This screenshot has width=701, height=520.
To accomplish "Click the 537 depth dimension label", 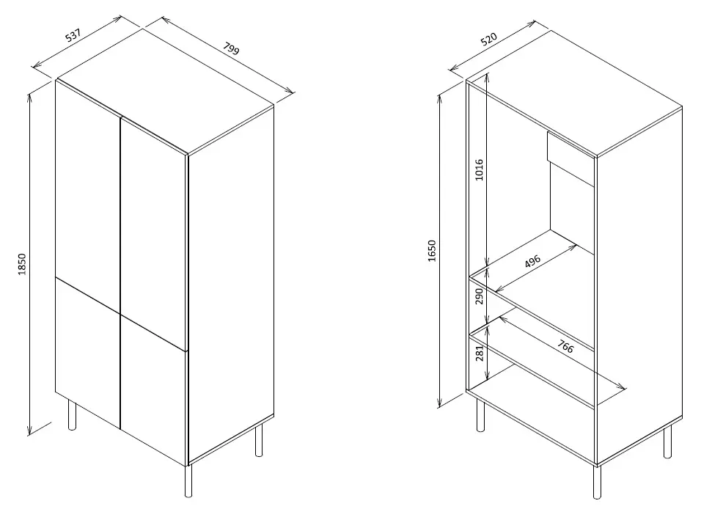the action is click(73, 35).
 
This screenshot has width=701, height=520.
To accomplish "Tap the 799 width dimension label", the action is click(231, 48).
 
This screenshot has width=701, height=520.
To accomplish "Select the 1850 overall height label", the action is click(22, 264).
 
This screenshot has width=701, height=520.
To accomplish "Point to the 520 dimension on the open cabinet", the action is click(489, 40).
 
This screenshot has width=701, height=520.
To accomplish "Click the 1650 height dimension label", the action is click(431, 251).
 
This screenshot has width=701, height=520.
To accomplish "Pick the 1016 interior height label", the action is click(480, 170).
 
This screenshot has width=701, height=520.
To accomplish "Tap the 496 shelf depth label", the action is click(532, 260).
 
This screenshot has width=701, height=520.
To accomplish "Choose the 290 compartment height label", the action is click(480, 296).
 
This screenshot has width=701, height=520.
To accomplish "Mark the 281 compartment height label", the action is click(480, 353).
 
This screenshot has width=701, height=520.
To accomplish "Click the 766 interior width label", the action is click(565, 346).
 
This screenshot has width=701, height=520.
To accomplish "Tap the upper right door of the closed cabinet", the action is click(153, 232).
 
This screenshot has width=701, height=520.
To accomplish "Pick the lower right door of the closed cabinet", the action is click(153, 391).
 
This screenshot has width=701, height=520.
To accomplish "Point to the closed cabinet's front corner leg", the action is click(188, 480).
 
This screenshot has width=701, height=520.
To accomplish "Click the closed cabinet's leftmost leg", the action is click(72, 415).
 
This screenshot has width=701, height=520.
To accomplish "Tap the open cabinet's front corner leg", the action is click(598, 482).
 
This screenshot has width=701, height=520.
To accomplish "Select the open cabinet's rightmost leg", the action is click(667, 442).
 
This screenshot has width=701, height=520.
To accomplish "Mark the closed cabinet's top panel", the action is click(164, 92).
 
